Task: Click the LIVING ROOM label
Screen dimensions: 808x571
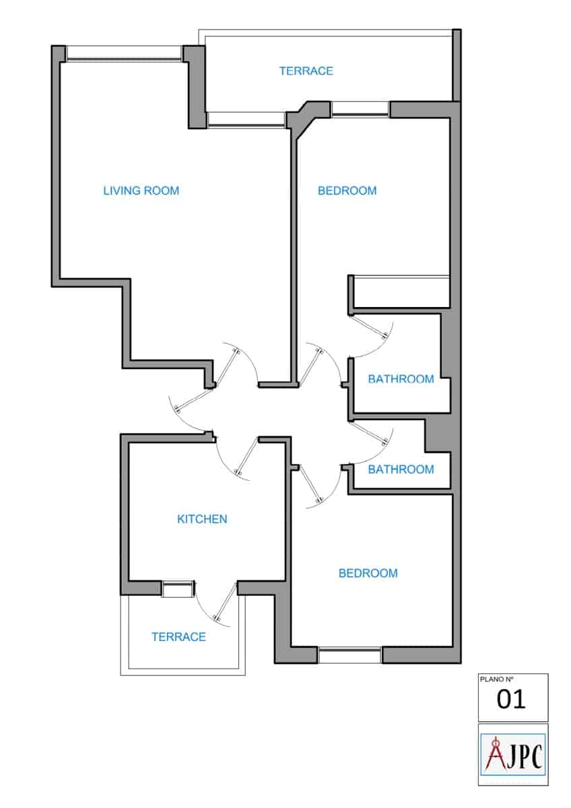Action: [141, 191]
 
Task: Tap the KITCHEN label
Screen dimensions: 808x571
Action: [202, 519]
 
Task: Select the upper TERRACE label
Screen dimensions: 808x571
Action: [306, 71]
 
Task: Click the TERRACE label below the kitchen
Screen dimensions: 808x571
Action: [178, 637]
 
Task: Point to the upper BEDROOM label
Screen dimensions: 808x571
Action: [347, 191]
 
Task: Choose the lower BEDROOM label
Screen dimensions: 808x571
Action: [368, 574]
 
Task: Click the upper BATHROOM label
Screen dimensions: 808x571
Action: [401, 379]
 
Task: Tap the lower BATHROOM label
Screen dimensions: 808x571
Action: [401, 469]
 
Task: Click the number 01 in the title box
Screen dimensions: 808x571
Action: [511, 700]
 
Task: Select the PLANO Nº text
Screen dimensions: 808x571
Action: [495, 680]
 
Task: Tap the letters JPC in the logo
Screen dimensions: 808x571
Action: [524, 755]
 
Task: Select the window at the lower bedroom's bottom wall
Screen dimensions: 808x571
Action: [349, 654]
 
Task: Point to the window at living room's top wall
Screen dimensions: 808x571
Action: [125, 53]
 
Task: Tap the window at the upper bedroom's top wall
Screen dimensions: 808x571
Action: [360, 109]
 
